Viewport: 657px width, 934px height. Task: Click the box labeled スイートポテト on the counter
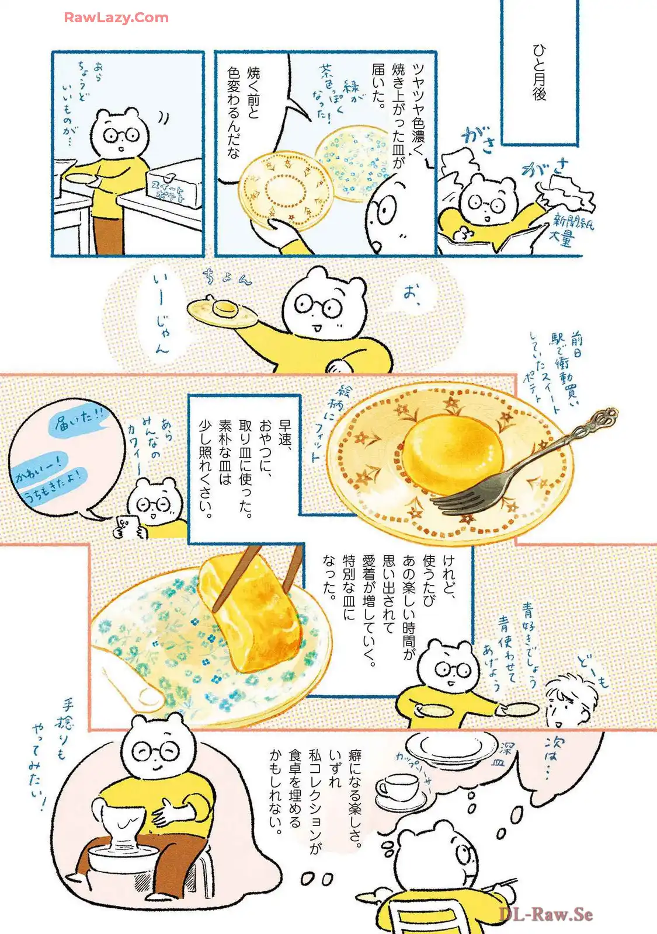click(172, 187)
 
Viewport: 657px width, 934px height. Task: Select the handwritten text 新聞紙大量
click(569, 231)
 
